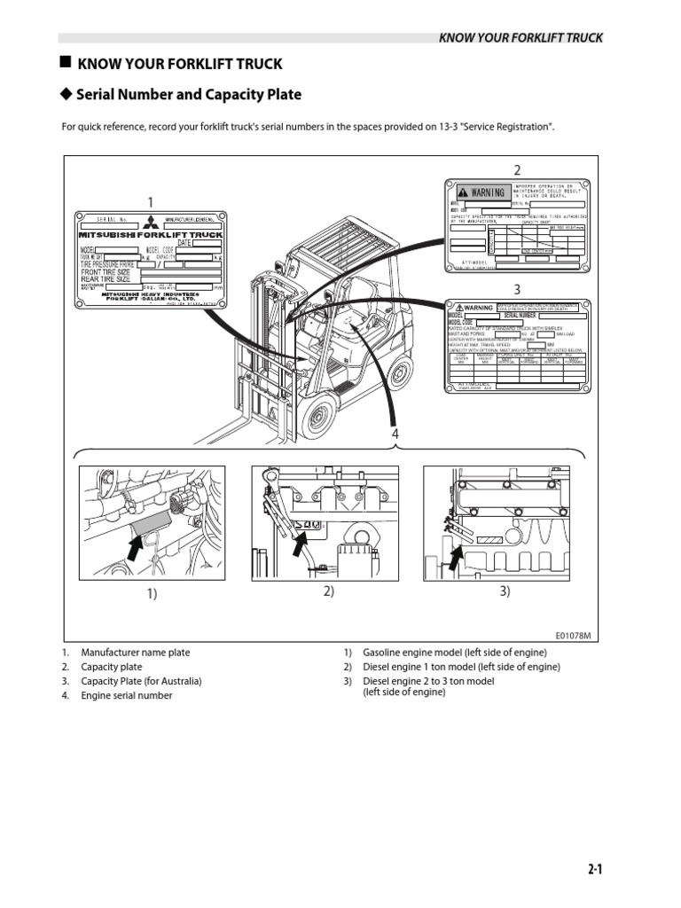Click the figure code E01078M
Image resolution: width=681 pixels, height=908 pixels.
point(573,636)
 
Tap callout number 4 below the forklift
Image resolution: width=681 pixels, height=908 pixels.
point(396,435)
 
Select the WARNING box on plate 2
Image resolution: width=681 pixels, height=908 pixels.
point(481,192)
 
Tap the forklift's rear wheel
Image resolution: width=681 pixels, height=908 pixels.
point(396,371)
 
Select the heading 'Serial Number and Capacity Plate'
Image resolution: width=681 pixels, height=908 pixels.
point(189,94)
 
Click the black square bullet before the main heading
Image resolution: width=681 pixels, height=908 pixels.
point(65,62)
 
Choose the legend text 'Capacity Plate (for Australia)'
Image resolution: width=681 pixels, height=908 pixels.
point(141,681)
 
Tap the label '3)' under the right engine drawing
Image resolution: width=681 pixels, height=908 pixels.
point(505,591)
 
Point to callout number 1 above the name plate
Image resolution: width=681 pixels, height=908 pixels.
point(151,201)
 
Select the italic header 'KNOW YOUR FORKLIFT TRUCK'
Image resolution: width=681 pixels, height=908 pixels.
point(521,37)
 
